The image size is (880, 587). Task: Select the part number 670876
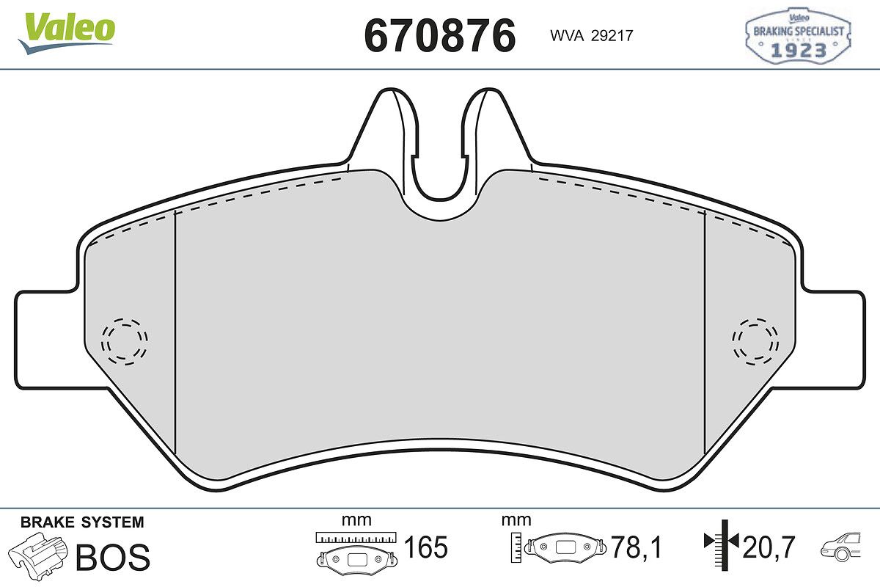(439, 35)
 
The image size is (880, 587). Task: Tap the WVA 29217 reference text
(592, 36)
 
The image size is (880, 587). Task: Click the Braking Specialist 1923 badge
(799, 36)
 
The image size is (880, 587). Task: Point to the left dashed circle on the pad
(125, 341)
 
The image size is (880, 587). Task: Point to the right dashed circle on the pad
(755, 341)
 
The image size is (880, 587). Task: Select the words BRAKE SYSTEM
(82, 522)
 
